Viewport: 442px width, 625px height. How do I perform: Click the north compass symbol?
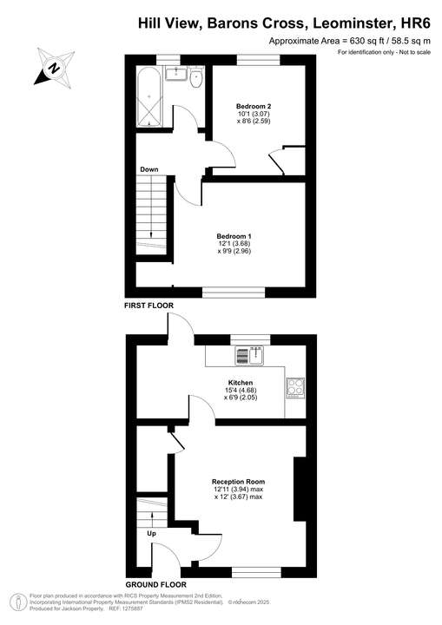tap(54, 67)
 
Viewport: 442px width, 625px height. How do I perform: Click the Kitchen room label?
tap(241, 383)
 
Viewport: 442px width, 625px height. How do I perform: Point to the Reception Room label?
tap(238, 481)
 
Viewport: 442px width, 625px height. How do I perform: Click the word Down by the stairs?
tap(148, 168)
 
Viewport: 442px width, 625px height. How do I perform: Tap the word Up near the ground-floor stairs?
tap(151, 534)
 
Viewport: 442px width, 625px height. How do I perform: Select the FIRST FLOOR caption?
tap(150, 306)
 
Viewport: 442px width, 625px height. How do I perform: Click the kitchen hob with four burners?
tap(296, 386)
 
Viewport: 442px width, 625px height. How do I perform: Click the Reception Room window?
tap(256, 571)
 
